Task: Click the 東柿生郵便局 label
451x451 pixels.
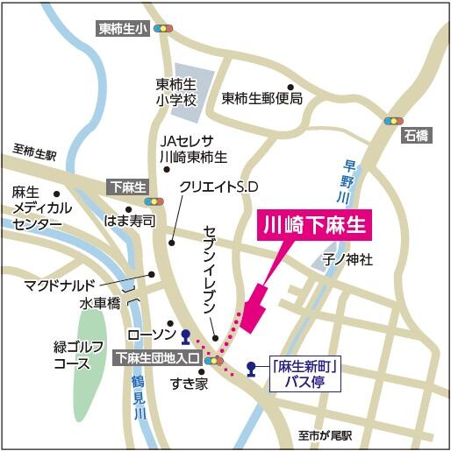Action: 262,99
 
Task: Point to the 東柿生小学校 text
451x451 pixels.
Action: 175,92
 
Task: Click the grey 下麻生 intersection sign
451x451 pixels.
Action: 128,187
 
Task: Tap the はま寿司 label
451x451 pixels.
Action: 129,221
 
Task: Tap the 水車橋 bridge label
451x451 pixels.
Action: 100,304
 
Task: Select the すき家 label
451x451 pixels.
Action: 189,383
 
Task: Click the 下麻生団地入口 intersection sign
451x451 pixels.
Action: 158,357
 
